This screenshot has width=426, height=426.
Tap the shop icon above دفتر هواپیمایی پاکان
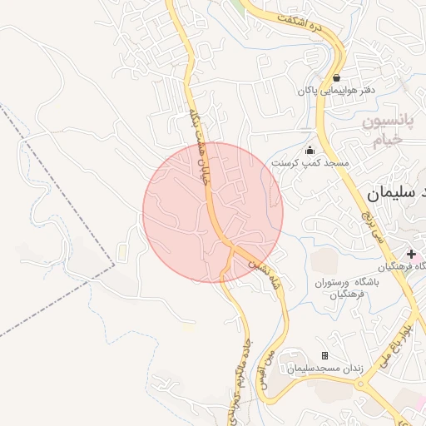coord(336,77)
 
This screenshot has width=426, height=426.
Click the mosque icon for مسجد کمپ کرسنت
coord(310,151)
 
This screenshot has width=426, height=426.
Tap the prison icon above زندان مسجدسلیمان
coord(325,355)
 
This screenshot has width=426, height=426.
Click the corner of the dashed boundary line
coord(114,265)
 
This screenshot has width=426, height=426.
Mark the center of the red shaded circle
coord(213,212)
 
